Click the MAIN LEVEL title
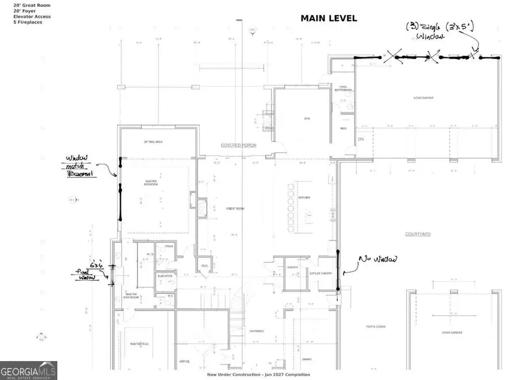329,18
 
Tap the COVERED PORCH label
238,146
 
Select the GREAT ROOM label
235,208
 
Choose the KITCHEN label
304,197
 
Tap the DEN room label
307,119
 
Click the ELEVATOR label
165,276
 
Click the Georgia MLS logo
29,370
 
